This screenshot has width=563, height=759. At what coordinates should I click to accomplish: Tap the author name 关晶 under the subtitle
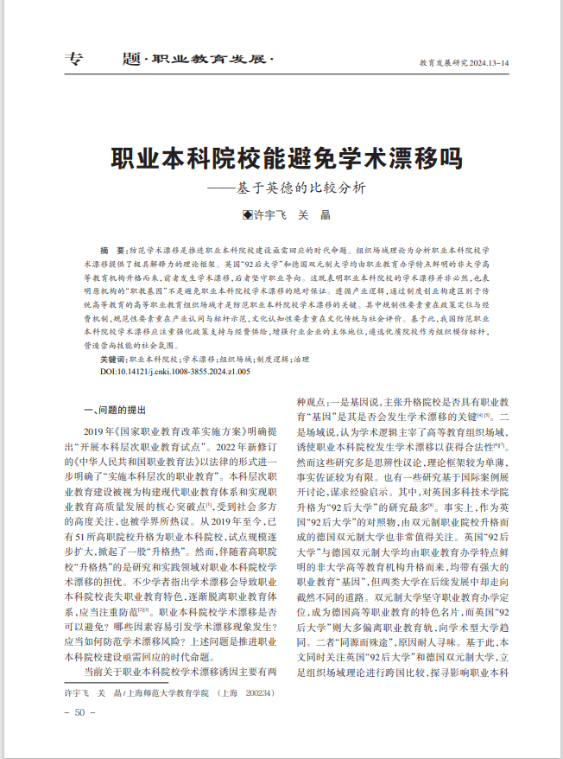point(315,215)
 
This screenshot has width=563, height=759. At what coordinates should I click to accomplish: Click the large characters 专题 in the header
point(102,60)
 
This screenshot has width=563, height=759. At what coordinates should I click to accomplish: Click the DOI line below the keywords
point(174,370)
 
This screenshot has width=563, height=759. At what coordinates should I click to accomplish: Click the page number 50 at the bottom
point(79,712)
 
